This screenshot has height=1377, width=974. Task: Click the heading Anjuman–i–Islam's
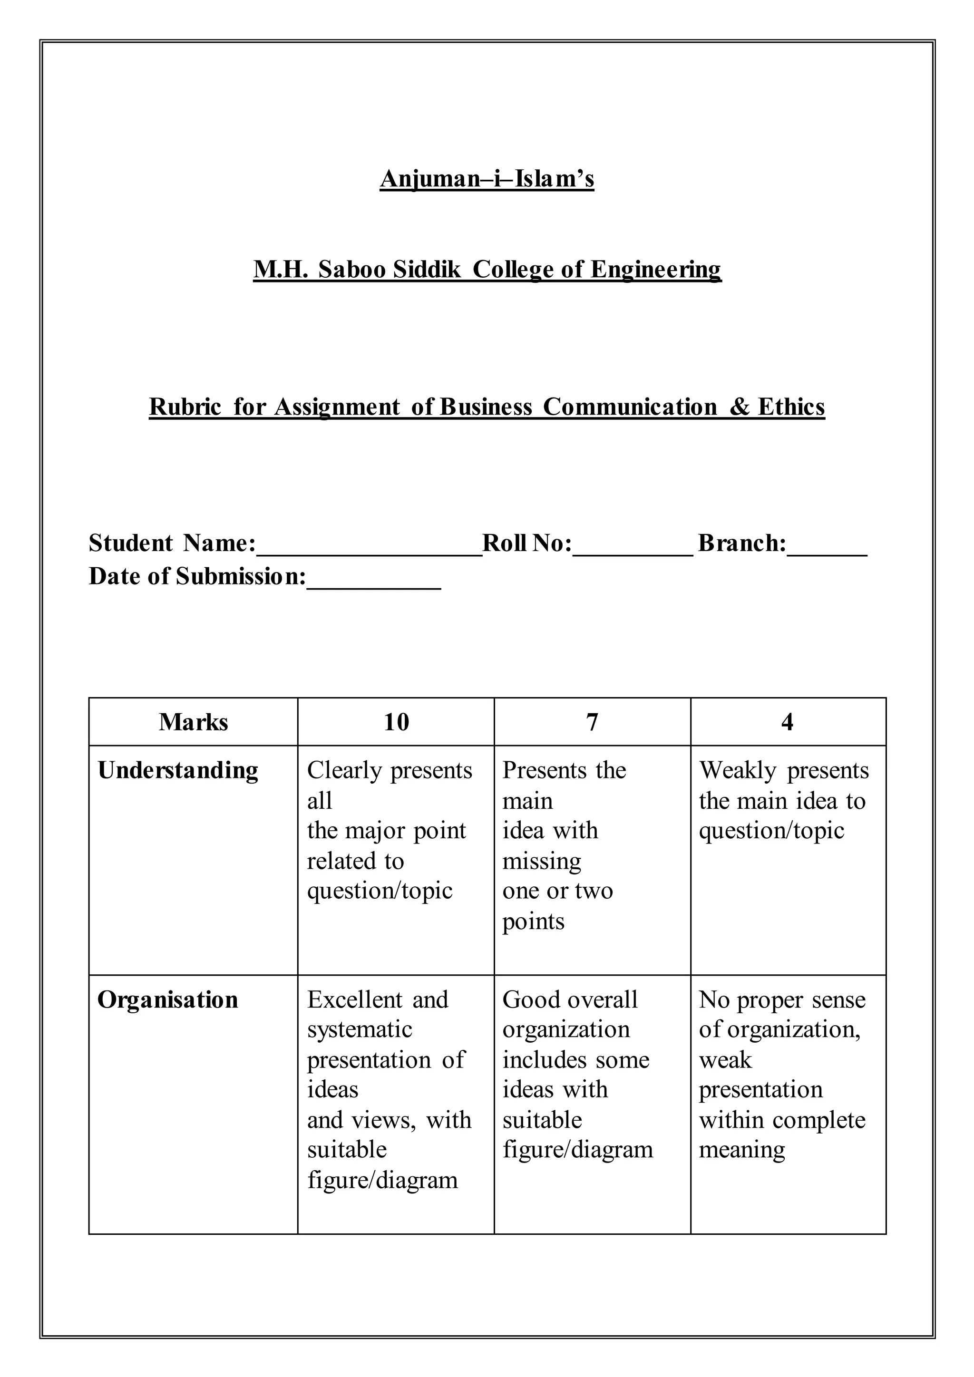[x=487, y=179]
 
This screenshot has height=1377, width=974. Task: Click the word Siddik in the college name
[x=427, y=269]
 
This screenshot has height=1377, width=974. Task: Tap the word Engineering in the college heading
[x=655, y=269]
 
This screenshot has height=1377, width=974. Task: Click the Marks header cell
[x=193, y=722]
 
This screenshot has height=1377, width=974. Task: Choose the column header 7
[x=592, y=722]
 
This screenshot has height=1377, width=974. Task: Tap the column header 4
[x=788, y=722]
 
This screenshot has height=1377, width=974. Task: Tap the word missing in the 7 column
[x=542, y=861]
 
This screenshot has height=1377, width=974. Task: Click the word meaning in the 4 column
[x=741, y=1150]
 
